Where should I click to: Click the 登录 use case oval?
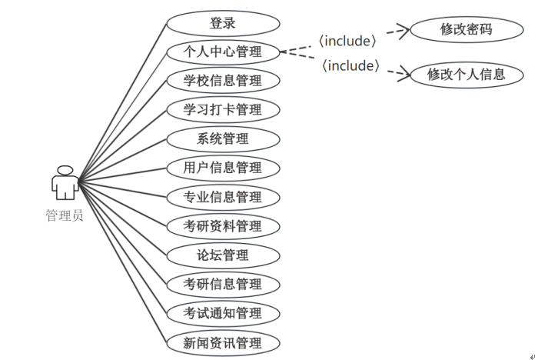(223, 23)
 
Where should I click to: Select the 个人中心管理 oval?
(223, 52)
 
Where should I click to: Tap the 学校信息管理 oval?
(223, 81)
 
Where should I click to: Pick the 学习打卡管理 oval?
(223, 110)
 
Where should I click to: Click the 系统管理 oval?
(223, 139)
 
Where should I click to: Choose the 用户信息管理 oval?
(223, 168)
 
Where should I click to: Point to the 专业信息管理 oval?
(223, 197)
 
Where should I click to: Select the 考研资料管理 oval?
(223, 226)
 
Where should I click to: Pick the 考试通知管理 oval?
(223, 313)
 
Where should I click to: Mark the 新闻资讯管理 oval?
(223, 342)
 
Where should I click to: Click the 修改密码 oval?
(466, 30)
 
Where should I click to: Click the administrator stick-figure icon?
(65, 183)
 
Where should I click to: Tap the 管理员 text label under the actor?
(65, 215)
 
